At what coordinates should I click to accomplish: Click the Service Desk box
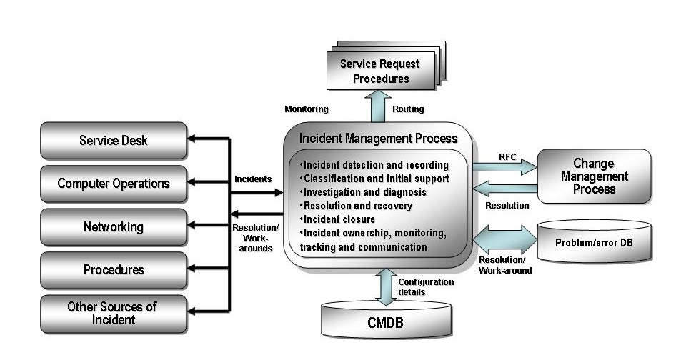click(x=114, y=140)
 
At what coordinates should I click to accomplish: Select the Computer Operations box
click(x=114, y=184)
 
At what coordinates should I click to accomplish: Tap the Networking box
click(x=114, y=227)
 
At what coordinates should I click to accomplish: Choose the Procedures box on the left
click(x=114, y=270)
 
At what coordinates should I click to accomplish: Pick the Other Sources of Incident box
click(x=114, y=314)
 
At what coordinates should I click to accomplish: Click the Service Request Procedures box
click(x=380, y=71)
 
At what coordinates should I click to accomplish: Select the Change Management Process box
click(x=593, y=176)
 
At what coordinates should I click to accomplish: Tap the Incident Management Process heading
click(x=379, y=138)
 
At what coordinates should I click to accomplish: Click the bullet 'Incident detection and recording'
click(x=374, y=165)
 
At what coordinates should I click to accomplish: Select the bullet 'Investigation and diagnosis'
click(x=364, y=192)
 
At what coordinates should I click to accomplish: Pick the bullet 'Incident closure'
click(x=338, y=219)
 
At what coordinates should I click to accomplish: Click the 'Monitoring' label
click(x=307, y=109)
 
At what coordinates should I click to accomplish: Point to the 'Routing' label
click(x=408, y=109)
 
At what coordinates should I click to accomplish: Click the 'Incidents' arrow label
click(x=252, y=179)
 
